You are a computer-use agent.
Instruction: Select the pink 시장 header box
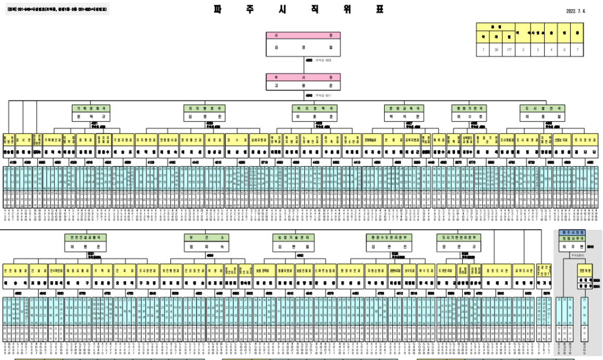[303, 35]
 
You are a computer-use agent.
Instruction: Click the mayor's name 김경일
[303, 47]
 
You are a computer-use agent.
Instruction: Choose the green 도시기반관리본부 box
[459, 238]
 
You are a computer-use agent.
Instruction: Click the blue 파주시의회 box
[572, 232]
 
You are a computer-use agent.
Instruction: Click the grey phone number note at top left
[57, 9]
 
